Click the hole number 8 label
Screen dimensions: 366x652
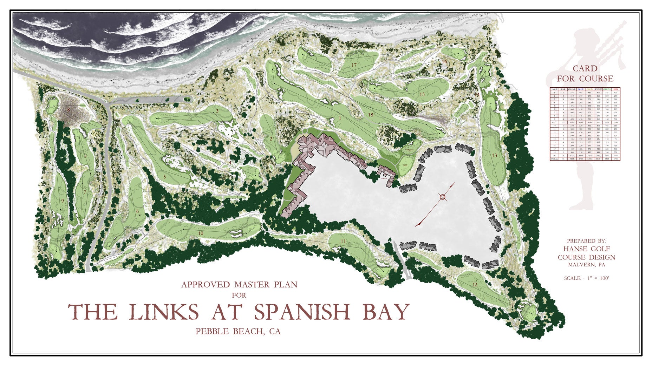(69, 110)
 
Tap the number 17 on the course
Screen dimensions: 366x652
(354, 65)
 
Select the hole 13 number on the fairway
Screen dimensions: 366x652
(494, 155)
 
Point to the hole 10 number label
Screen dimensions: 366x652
(201, 233)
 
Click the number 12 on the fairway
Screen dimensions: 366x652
(475, 285)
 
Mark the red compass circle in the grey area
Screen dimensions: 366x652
(443, 197)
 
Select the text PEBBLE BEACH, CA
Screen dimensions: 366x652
(238, 331)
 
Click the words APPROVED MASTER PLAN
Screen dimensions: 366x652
(239, 284)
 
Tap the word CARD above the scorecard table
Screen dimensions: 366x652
(585, 68)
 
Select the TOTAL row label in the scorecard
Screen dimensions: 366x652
(554, 159)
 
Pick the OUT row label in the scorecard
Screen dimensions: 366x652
(554, 122)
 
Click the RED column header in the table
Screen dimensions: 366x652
(615, 89)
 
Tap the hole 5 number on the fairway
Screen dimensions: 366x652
(164, 177)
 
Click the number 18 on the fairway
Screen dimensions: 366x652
(371, 115)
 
